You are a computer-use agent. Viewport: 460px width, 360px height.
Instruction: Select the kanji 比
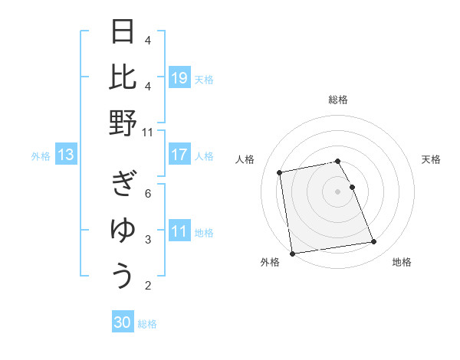[x=123, y=77]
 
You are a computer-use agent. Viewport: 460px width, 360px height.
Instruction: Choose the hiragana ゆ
[x=123, y=231]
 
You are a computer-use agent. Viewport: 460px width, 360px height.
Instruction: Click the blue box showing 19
[x=179, y=77]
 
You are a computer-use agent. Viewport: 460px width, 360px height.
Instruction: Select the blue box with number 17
[x=179, y=155]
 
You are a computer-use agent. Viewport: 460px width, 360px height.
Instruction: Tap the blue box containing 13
[x=66, y=155]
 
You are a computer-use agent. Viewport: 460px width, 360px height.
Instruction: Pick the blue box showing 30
[x=123, y=322]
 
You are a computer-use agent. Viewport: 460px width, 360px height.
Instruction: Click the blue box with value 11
[x=179, y=232]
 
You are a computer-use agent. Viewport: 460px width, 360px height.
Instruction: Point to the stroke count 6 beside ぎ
[x=148, y=193]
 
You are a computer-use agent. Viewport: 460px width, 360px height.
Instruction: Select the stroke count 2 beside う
[x=148, y=286]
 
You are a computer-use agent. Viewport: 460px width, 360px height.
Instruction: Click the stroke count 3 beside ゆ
[x=148, y=240]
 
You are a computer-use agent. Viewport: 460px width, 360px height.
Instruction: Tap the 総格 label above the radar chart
[x=338, y=100]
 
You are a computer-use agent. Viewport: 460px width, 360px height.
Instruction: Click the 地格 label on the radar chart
[x=402, y=262]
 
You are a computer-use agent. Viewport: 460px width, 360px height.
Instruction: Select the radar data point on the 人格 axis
[x=280, y=172]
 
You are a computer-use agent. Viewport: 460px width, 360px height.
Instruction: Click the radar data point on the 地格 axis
[x=373, y=242]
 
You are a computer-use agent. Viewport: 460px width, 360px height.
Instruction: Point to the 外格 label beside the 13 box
[x=41, y=156]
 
